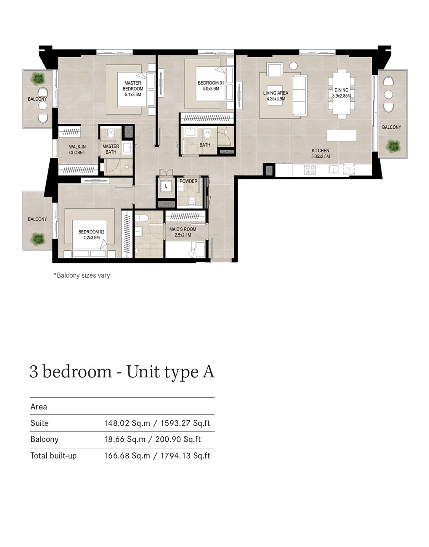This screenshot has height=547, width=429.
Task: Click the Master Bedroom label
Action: [133, 86]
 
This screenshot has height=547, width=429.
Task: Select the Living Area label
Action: [275, 93]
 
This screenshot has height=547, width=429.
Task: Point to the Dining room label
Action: [341, 90]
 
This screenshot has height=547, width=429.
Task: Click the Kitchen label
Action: [320, 151]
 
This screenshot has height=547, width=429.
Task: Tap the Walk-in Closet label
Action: [77, 149]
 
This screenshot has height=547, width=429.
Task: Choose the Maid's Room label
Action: [183, 229]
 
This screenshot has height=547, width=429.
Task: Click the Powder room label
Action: [188, 181]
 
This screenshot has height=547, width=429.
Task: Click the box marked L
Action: [166, 186]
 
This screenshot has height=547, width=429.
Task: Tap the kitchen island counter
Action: [341, 135]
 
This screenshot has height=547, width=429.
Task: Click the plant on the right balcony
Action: [393, 146]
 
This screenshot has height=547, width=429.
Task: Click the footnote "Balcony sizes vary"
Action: [82, 276]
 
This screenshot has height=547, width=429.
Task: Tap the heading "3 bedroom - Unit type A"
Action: [122, 372]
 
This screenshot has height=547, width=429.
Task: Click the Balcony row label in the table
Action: [44, 439]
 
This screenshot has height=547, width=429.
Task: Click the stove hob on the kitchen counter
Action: [310, 170]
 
